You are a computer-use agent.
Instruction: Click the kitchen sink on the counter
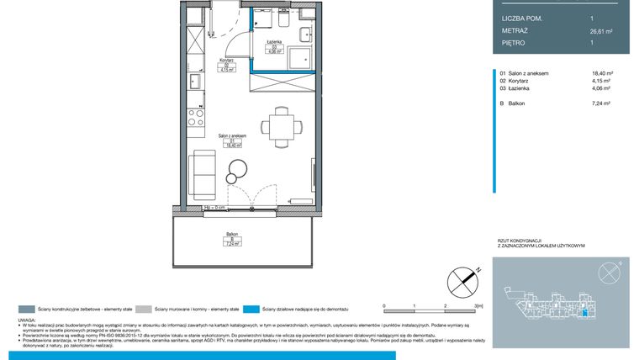[x=194, y=82]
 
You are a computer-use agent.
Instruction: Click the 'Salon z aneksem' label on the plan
[x=232, y=135]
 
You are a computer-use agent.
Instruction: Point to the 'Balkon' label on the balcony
[x=232, y=234]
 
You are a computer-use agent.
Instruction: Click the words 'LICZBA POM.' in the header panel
[x=522, y=18]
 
